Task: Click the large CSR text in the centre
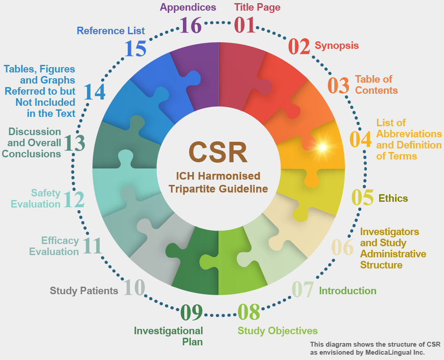point(218,152)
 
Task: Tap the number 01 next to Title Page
point(245,25)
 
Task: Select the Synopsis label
point(337,46)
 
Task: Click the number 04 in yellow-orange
point(361,139)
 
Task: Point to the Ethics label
point(393,198)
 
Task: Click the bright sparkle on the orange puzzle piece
point(322,147)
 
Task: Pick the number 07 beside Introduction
point(303,289)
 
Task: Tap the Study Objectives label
point(277,331)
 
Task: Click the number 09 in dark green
point(191,312)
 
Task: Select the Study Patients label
point(84,291)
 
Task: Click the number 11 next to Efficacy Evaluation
point(92,246)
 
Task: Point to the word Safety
point(46,193)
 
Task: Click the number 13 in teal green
point(74,143)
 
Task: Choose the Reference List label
point(111,31)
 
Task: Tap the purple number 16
point(190,25)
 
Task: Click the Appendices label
point(188,8)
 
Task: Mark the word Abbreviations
point(409,133)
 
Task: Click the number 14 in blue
point(94,92)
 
